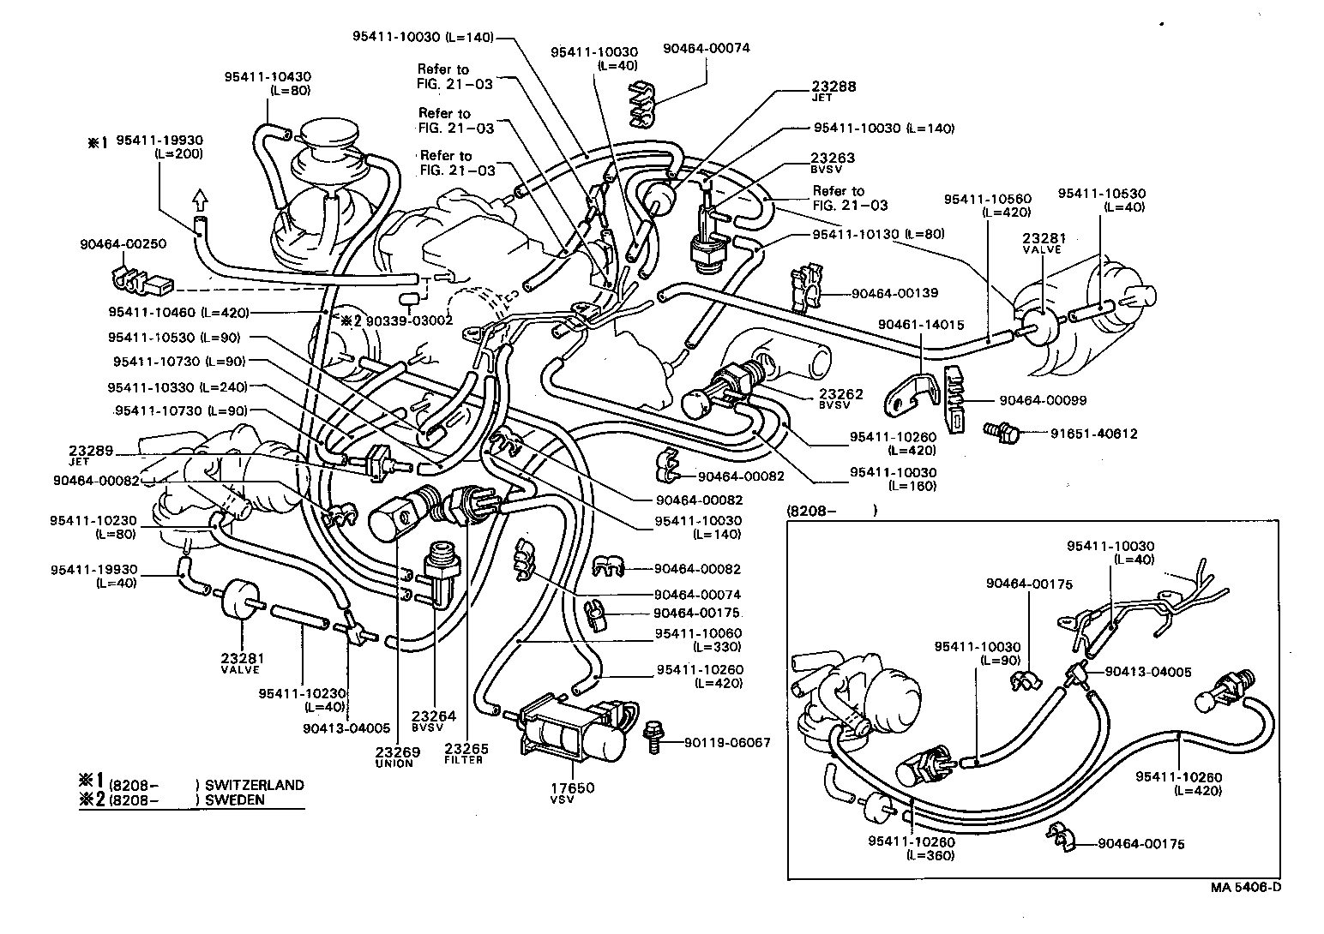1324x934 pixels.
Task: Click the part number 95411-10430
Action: pyautogui.click(x=268, y=76)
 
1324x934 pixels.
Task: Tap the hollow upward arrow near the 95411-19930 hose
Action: pyautogui.click(x=199, y=201)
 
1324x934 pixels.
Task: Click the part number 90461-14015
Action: pyautogui.click(x=922, y=325)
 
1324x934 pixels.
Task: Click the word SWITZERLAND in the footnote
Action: pyautogui.click(x=255, y=785)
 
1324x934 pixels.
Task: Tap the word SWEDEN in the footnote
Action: pyautogui.click(x=235, y=800)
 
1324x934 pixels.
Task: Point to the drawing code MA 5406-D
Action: pyautogui.click(x=1246, y=887)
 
